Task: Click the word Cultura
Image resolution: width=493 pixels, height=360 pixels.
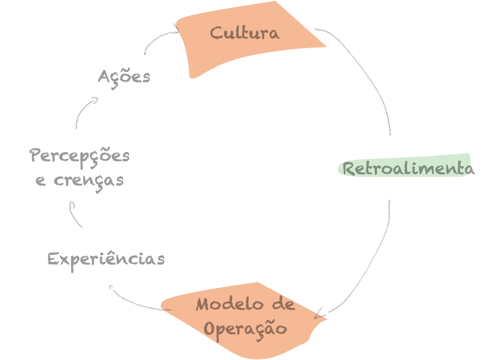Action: pos(244,33)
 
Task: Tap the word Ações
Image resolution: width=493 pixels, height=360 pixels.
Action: pos(124,76)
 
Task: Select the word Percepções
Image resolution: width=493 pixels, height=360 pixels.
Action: pos(80,156)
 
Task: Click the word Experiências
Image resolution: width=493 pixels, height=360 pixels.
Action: pos(106,259)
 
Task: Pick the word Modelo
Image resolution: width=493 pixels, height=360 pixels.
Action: pos(229,304)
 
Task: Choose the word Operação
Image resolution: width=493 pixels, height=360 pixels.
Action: pos(245,328)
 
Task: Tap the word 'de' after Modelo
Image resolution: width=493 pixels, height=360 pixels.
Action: pos(283,304)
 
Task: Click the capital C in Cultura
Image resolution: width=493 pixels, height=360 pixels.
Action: pos(216,34)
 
